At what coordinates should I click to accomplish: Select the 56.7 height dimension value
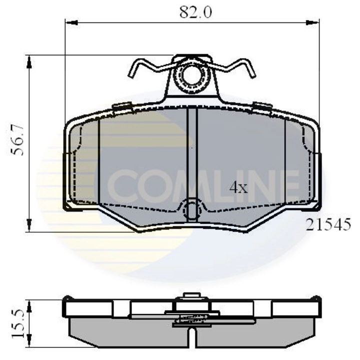click(19, 143)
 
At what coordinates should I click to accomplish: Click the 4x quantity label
click(238, 188)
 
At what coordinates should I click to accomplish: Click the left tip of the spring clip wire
click(131, 75)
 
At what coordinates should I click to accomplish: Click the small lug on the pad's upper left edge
click(122, 105)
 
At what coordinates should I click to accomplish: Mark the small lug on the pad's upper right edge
click(262, 105)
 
